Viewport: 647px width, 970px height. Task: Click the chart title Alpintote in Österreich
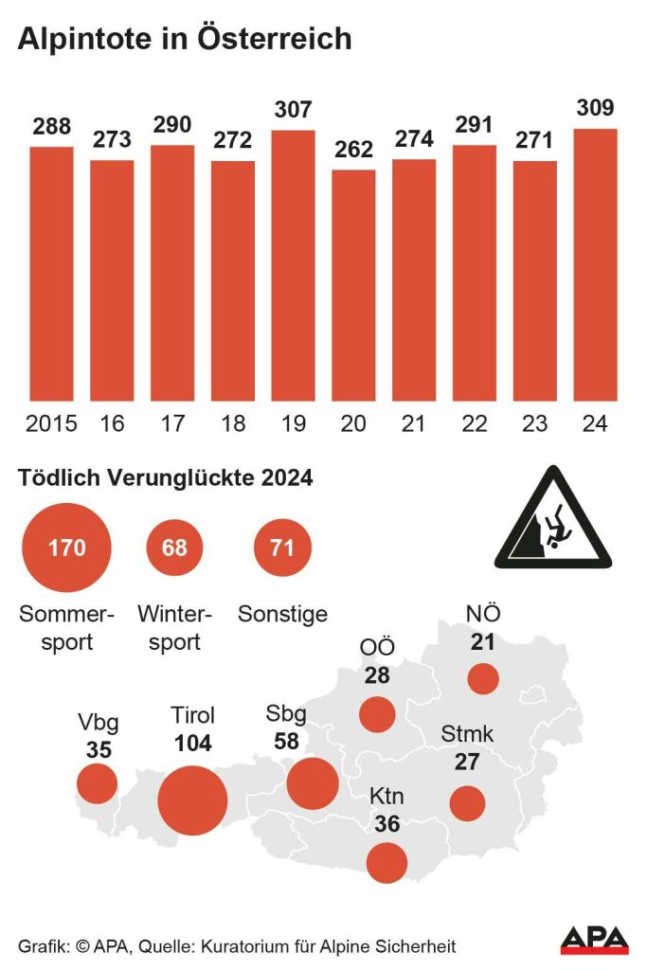pyautogui.click(x=185, y=39)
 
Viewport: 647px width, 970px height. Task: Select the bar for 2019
pyautogui.click(x=293, y=265)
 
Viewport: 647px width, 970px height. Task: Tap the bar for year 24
pyautogui.click(x=596, y=265)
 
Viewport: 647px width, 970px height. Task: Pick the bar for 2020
pyautogui.click(x=353, y=284)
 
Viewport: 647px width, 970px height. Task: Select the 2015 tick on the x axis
pyautogui.click(x=51, y=423)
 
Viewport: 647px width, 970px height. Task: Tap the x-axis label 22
pyautogui.click(x=475, y=423)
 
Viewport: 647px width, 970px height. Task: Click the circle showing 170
pyautogui.click(x=66, y=547)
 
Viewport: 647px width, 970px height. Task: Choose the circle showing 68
pyautogui.click(x=174, y=547)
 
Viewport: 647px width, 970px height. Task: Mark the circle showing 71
pyautogui.click(x=282, y=547)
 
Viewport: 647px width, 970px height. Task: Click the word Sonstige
pyautogui.click(x=282, y=614)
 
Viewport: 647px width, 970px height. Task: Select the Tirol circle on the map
pyautogui.click(x=192, y=800)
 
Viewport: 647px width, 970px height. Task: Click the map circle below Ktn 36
pyautogui.click(x=386, y=862)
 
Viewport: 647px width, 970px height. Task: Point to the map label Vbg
pyautogui.click(x=99, y=724)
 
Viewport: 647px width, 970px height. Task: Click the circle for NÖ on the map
pyautogui.click(x=483, y=679)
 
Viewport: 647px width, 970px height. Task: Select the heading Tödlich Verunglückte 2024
pyautogui.click(x=166, y=478)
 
